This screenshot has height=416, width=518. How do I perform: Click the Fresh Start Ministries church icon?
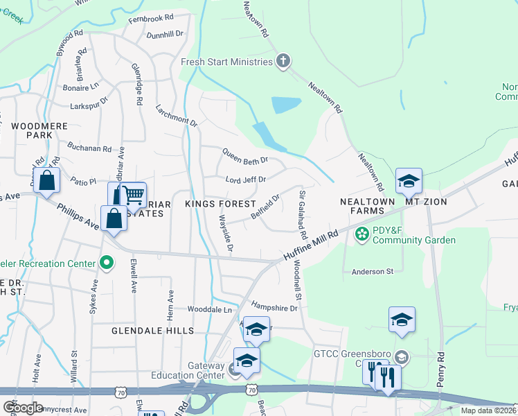[x=283, y=62]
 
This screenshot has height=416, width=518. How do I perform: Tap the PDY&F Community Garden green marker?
[x=361, y=234]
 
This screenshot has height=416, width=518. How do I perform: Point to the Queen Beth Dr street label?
[x=244, y=157]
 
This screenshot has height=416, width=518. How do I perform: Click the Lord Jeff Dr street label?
[x=245, y=180]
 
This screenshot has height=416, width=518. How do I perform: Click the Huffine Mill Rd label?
[x=310, y=246]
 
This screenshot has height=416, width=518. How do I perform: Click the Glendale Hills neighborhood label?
[x=152, y=331]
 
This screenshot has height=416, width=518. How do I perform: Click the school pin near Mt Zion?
[x=409, y=182]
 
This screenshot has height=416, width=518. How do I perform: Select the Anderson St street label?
[x=373, y=272]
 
